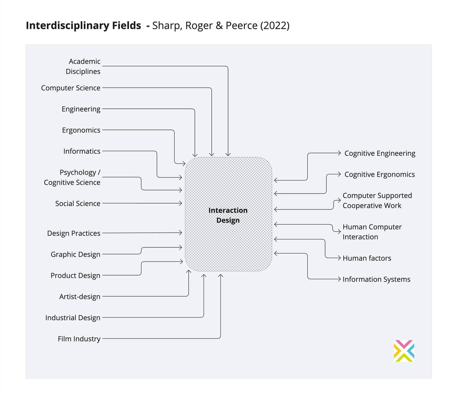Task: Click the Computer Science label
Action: point(71,88)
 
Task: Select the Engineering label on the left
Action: point(81,109)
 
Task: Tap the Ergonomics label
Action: point(81,130)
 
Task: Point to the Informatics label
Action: point(82,151)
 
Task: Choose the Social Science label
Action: point(77,203)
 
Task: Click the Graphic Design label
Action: point(75,254)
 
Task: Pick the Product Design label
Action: point(75,275)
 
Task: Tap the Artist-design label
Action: point(80,297)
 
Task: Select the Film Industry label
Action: point(79,339)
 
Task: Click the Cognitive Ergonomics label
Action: point(379,174)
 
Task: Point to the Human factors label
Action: point(367,258)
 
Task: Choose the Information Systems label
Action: point(376,279)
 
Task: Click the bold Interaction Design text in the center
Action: point(228,215)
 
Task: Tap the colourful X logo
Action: point(404,351)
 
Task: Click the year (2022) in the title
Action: point(274,25)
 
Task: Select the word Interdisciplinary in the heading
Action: point(68,25)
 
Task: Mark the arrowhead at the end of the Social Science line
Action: point(181,203)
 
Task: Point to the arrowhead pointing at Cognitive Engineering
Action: point(339,153)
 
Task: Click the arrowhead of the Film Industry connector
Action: point(220,276)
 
